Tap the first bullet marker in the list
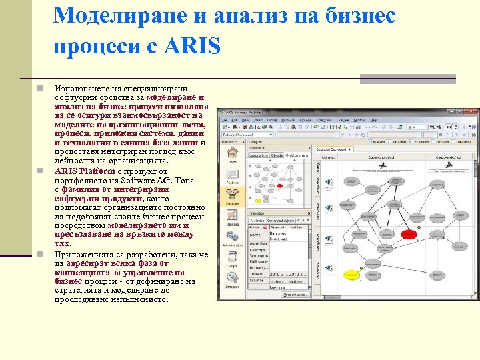(40, 88)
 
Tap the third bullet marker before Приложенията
(40, 254)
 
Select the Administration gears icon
(232, 237)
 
